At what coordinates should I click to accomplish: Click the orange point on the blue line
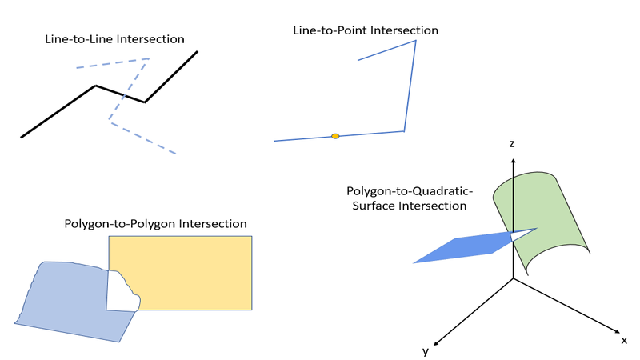pyautogui.click(x=335, y=137)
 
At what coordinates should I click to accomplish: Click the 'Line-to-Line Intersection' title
pyautogui.click(x=115, y=38)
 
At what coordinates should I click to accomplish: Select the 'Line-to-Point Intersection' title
pyautogui.click(x=366, y=30)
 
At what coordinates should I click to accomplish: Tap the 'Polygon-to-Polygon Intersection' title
pyautogui.click(x=155, y=224)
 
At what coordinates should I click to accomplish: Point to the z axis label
pyautogui.click(x=511, y=144)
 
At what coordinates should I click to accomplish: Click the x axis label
pyautogui.click(x=623, y=340)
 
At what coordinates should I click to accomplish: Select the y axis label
pyautogui.click(x=425, y=351)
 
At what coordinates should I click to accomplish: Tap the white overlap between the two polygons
pyautogui.click(x=122, y=294)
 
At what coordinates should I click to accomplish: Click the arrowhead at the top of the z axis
pyautogui.click(x=513, y=160)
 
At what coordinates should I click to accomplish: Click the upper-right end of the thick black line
pyautogui.click(x=197, y=52)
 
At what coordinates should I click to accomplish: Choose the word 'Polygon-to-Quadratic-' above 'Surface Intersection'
pyautogui.click(x=410, y=191)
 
